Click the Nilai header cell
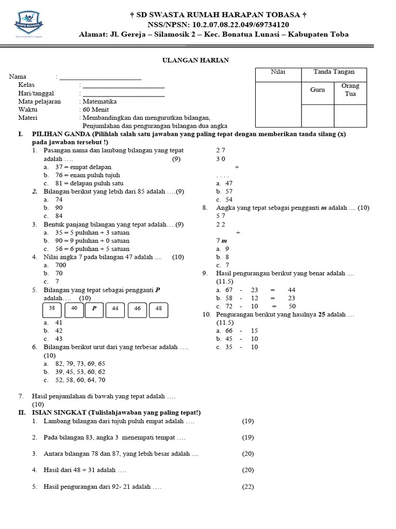point(278,72)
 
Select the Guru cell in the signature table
point(317,89)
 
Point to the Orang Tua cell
point(350,89)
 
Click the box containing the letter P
point(94,308)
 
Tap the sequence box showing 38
point(52,308)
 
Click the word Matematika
point(100,101)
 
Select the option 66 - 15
point(241,331)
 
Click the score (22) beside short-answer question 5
point(248,487)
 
